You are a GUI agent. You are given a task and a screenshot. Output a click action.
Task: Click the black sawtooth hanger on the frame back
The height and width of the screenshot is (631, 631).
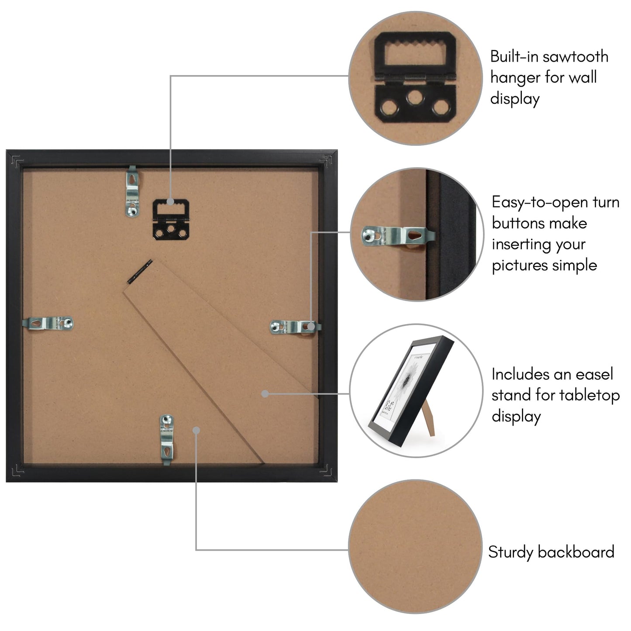(171, 219)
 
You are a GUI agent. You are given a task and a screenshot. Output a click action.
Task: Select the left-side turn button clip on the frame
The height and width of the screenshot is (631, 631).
(48, 324)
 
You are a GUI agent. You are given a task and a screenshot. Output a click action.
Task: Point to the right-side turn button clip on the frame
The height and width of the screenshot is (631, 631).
(295, 327)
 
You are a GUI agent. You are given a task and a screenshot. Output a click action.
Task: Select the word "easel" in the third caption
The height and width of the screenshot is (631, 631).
(594, 374)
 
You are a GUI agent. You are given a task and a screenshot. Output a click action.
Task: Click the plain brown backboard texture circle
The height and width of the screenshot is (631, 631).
(415, 546)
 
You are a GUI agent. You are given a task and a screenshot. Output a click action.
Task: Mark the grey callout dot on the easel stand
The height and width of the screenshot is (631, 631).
(265, 394)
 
